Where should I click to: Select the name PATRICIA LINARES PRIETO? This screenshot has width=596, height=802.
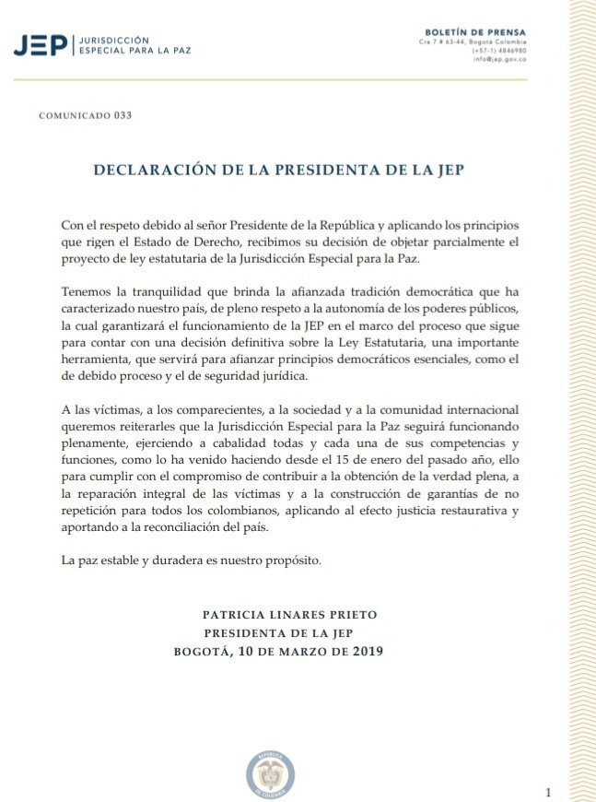(x=290, y=614)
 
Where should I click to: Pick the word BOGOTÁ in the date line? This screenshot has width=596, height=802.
(x=204, y=652)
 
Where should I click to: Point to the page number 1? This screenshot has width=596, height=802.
(x=548, y=792)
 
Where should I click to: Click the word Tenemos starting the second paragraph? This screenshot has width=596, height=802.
(x=88, y=290)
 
